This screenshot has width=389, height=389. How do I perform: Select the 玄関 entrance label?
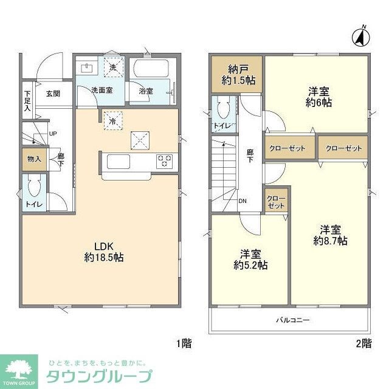52,94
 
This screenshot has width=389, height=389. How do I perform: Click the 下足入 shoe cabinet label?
27,102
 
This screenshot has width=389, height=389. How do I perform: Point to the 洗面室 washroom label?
100,91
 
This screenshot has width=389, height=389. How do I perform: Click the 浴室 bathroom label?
146,91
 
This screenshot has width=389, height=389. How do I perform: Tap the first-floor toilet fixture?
34,185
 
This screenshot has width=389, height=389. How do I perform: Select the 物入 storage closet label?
34,159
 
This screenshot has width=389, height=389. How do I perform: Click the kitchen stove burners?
165,161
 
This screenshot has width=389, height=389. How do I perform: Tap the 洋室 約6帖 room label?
319,97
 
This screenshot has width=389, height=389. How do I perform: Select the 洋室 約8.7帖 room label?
330,235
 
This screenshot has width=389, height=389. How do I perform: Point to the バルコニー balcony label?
294,320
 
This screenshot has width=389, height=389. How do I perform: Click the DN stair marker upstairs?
243,202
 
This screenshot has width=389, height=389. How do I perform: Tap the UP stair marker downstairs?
53,134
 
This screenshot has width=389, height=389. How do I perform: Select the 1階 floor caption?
184,343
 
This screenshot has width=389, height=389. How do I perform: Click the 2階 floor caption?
363,343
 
